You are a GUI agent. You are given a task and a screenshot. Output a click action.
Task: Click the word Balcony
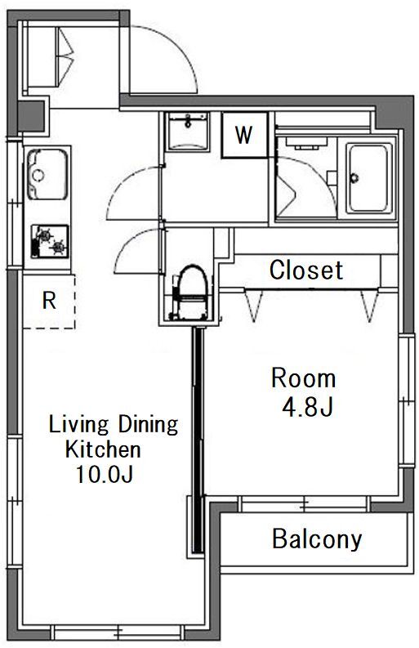[x=317, y=539]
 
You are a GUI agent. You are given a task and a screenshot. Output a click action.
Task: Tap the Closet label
[x=306, y=270]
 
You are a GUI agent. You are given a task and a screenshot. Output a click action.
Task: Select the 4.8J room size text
[x=307, y=408]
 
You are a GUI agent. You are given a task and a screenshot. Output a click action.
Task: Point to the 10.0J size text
[x=104, y=474]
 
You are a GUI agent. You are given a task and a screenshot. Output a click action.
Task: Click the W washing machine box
[x=245, y=135]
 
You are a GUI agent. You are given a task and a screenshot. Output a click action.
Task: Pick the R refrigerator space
[x=49, y=302]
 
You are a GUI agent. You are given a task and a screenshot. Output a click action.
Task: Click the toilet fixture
[x=191, y=293]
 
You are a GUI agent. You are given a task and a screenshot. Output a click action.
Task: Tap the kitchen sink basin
[x=47, y=174]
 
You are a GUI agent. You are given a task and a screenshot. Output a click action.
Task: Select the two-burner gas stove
[x=50, y=241]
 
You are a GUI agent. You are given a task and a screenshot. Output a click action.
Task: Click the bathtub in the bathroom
[x=368, y=178]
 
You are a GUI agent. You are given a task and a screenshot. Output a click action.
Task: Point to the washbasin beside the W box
[x=188, y=132]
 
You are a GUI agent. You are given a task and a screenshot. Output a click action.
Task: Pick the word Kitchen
[x=103, y=449]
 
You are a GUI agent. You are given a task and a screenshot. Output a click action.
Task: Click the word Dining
[x=148, y=424]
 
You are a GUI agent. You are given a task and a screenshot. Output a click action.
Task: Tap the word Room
[x=303, y=378]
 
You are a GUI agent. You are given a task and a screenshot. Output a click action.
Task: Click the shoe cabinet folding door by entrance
[x=65, y=56]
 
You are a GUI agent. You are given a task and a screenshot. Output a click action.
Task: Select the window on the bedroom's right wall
[x=406, y=400]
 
